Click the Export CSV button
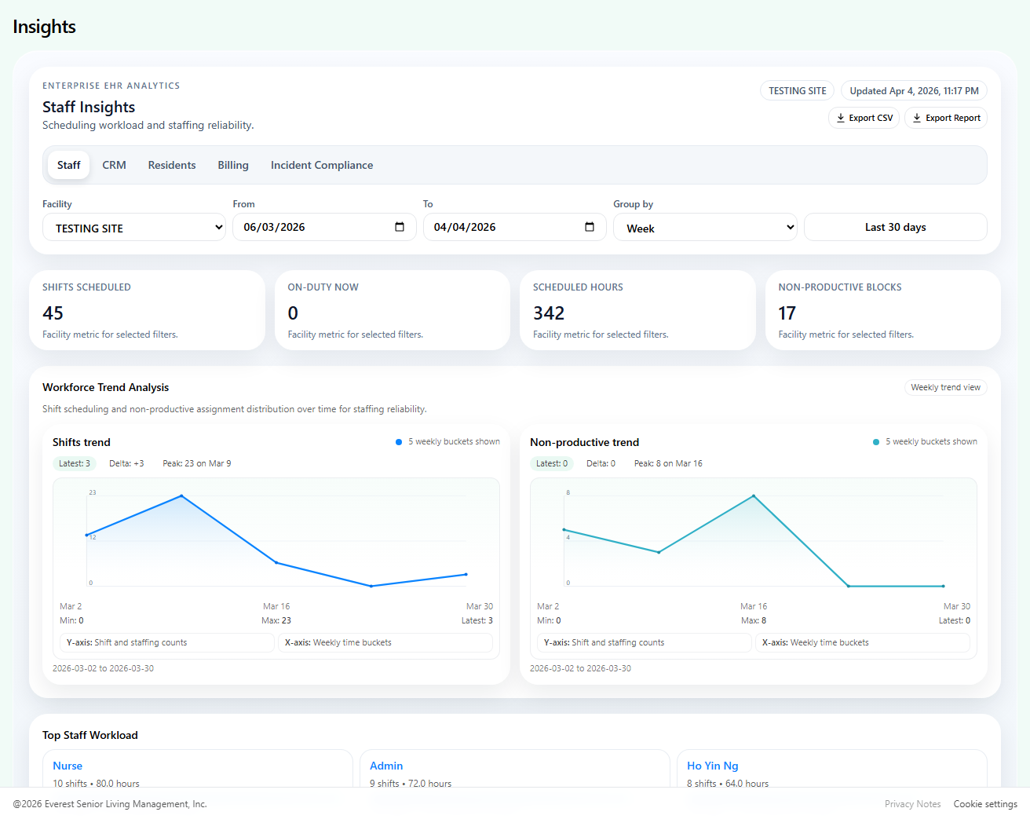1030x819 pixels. [864, 118]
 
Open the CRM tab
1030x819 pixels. [114, 165]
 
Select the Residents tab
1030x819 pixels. [172, 165]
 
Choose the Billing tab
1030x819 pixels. [233, 165]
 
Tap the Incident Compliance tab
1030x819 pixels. [322, 165]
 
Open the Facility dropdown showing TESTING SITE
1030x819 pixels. [134, 228]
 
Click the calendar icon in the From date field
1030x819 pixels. [400, 227]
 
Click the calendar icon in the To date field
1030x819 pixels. [590, 227]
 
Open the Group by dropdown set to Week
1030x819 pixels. [705, 228]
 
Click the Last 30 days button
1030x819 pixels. [895, 227]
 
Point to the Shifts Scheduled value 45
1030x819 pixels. [53, 313]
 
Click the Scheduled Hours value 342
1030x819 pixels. [549, 313]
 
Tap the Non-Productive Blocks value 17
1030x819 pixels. [787, 313]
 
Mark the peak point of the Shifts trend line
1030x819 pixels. [181, 495]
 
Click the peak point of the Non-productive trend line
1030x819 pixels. [754, 495]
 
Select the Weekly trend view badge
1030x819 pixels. [945, 387]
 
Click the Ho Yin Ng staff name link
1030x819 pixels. [712, 766]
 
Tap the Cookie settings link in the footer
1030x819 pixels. [984, 804]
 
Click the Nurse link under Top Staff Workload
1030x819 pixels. [68, 766]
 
